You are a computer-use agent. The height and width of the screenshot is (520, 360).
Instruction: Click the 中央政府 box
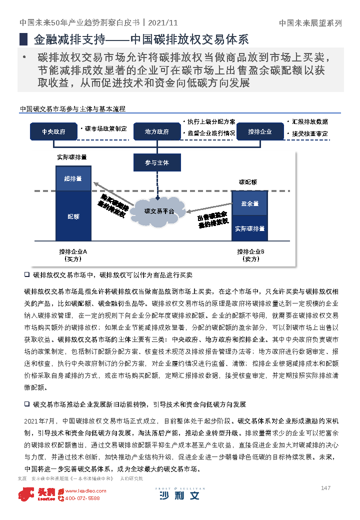(x=53, y=131)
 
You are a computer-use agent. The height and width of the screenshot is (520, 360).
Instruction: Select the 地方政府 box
(x=156, y=131)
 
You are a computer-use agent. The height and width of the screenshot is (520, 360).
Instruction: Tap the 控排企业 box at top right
(x=260, y=131)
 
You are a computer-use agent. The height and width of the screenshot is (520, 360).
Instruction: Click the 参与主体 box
(x=156, y=162)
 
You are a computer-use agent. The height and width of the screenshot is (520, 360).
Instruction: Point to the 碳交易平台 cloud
(x=159, y=211)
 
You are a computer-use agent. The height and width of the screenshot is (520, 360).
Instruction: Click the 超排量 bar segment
(x=73, y=178)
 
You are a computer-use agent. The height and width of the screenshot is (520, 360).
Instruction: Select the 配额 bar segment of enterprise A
(x=73, y=216)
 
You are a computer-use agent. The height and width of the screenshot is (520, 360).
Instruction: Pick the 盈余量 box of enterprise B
(x=249, y=204)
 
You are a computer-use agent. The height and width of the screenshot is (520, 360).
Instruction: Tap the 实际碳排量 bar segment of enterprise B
(x=249, y=228)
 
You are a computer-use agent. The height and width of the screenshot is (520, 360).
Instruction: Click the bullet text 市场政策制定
(x=105, y=128)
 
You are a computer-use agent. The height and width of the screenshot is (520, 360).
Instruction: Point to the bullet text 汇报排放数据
(x=309, y=121)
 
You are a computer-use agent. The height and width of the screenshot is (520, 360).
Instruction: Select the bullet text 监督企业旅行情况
(x=210, y=133)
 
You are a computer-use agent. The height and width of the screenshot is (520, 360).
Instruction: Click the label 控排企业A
(x=73, y=251)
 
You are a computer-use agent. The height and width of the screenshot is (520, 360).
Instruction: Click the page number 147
(x=326, y=488)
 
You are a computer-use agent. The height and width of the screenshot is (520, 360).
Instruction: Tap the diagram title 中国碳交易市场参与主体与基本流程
(x=72, y=108)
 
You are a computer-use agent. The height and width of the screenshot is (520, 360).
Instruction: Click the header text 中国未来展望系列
(x=310, y=23)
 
